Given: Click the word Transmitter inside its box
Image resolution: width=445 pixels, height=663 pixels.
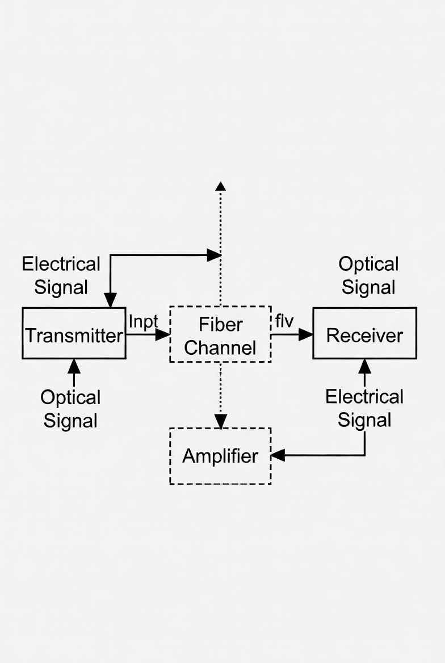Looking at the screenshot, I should [74, 335].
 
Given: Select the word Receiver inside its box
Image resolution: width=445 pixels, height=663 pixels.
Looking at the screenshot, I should [364, 335].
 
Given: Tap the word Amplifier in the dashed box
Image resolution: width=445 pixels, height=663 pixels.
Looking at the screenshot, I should [220, 456].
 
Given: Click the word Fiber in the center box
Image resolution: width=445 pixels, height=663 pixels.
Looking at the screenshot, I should [221, 324].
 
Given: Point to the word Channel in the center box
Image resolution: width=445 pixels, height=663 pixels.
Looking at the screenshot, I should [220, 347].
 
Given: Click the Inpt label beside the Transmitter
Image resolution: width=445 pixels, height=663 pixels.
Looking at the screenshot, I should [143, 321].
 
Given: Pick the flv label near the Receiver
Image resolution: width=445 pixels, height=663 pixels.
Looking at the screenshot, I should [284, 321].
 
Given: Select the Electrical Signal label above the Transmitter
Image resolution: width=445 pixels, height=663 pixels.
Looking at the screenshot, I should [61, 275].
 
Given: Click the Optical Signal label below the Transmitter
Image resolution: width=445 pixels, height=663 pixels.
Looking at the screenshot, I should [70, 409].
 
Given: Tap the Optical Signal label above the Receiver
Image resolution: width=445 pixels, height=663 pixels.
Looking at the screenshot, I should [368, 275].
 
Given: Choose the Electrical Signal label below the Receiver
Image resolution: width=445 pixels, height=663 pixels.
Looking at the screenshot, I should [364, 408].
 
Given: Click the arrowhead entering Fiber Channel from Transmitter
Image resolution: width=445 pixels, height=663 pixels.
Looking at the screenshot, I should [163, 334].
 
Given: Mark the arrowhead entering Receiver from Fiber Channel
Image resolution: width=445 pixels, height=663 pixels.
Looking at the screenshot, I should [306, 334].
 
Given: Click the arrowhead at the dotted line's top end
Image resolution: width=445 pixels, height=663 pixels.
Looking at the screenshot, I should [220, 186].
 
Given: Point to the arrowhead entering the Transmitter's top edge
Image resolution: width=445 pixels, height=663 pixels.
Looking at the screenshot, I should [110, 300].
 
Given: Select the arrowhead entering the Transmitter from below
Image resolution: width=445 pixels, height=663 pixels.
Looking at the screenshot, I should [74, 366].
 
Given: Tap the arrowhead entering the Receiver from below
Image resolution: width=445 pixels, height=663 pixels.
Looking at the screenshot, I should [364, 366].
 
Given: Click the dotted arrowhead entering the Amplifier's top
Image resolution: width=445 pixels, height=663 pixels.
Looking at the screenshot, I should [220, 421].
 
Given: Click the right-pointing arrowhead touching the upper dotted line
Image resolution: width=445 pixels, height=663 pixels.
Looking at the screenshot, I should [213, 255].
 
